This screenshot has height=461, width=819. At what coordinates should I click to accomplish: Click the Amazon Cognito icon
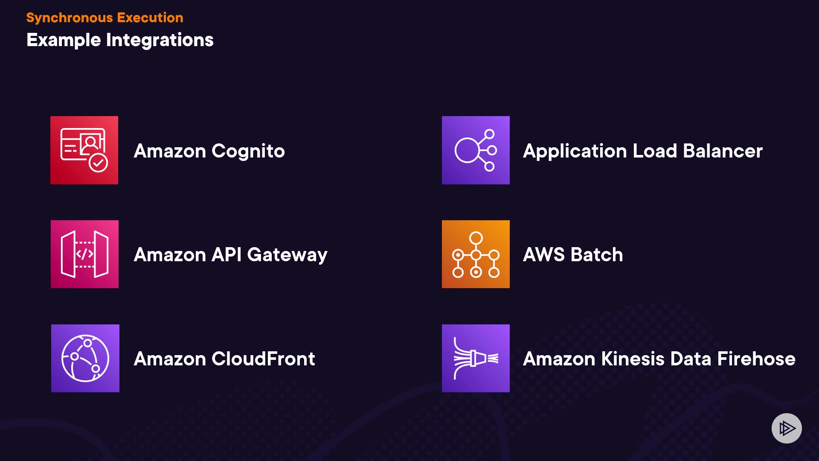tap(84, 150)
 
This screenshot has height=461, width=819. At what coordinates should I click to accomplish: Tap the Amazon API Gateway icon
tap(84, 254)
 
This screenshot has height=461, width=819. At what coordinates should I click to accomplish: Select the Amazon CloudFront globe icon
tap(85, 358)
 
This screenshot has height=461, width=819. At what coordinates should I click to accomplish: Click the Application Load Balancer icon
tap(476, 150)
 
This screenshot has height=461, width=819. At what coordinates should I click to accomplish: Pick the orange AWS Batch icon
tap(476, 254)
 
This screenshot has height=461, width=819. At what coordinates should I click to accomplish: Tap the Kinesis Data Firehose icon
tap(476, 358)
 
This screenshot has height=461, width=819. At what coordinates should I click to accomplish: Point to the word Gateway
tap(287, 255)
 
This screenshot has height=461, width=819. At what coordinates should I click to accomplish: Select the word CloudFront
tap(263, 359)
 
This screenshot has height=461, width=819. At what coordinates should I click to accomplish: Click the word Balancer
tap(723, 151)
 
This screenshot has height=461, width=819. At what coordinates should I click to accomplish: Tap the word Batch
tap(597, 255)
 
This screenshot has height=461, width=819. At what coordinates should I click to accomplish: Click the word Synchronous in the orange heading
tap(69, 18)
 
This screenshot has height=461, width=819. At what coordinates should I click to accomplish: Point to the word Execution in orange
tap(150, 18)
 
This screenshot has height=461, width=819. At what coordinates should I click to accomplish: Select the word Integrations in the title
tap(160, 40)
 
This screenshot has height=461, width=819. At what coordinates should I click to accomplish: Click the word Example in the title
tap(64, 40)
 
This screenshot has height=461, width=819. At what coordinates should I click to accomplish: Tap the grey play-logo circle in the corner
tap(787, 428)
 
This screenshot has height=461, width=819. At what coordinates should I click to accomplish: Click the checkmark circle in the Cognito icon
tap(99, 163)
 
